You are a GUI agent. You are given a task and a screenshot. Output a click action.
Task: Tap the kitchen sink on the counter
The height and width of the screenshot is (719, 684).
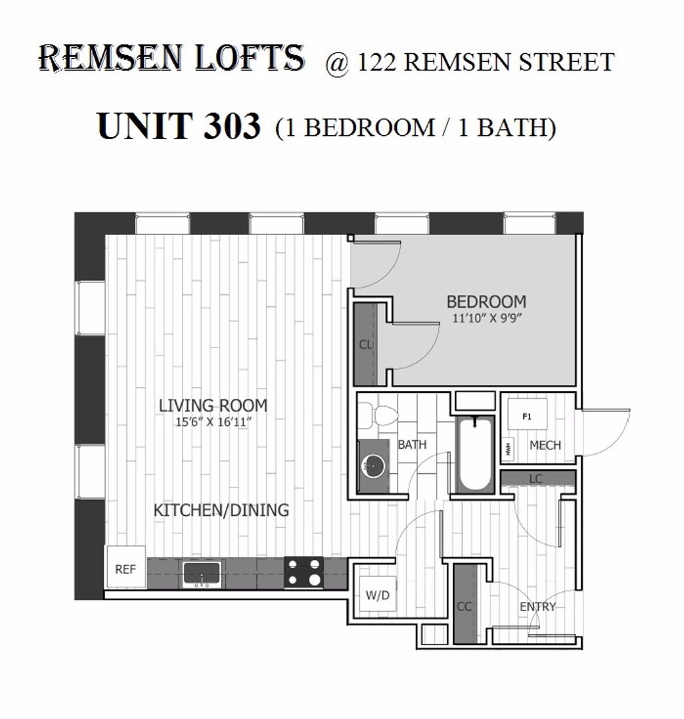point(202,574)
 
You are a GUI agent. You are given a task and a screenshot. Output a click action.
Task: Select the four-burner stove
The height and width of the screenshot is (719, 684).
point(303,572)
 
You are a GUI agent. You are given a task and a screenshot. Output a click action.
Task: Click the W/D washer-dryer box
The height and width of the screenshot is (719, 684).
point(377,595)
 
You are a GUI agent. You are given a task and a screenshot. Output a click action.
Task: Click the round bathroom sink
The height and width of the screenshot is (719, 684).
point(372,467)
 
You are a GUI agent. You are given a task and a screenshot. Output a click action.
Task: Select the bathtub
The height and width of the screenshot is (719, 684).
point(475,453)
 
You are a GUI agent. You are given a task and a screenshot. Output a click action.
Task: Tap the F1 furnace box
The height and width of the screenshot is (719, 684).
point(527,414)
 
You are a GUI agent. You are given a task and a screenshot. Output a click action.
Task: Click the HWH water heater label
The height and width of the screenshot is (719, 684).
point(508,448)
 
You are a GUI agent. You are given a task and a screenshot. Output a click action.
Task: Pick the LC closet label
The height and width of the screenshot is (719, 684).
point(536,479)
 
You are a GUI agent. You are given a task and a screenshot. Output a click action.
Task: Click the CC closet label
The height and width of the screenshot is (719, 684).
point(464,606)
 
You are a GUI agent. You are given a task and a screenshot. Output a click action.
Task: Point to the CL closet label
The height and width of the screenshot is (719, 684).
point(366,344)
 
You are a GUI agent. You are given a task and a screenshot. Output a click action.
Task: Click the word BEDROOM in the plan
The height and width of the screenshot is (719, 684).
point(486,302)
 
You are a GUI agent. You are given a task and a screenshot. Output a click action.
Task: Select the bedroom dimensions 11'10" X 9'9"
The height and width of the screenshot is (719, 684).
point(488,318)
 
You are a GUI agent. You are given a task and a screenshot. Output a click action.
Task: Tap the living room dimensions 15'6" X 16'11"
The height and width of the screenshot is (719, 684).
point(214,422)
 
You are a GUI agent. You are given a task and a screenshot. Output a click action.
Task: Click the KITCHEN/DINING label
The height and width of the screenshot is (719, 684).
point(221,510)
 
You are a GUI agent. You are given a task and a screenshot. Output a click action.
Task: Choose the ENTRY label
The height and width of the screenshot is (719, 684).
point(537,606)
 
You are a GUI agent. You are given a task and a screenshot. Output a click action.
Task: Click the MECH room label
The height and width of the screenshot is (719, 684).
point(545,445)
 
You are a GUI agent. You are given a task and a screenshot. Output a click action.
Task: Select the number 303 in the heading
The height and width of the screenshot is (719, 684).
point(232,126)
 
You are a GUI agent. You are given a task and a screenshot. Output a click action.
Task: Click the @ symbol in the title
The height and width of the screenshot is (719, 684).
point(338,63)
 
